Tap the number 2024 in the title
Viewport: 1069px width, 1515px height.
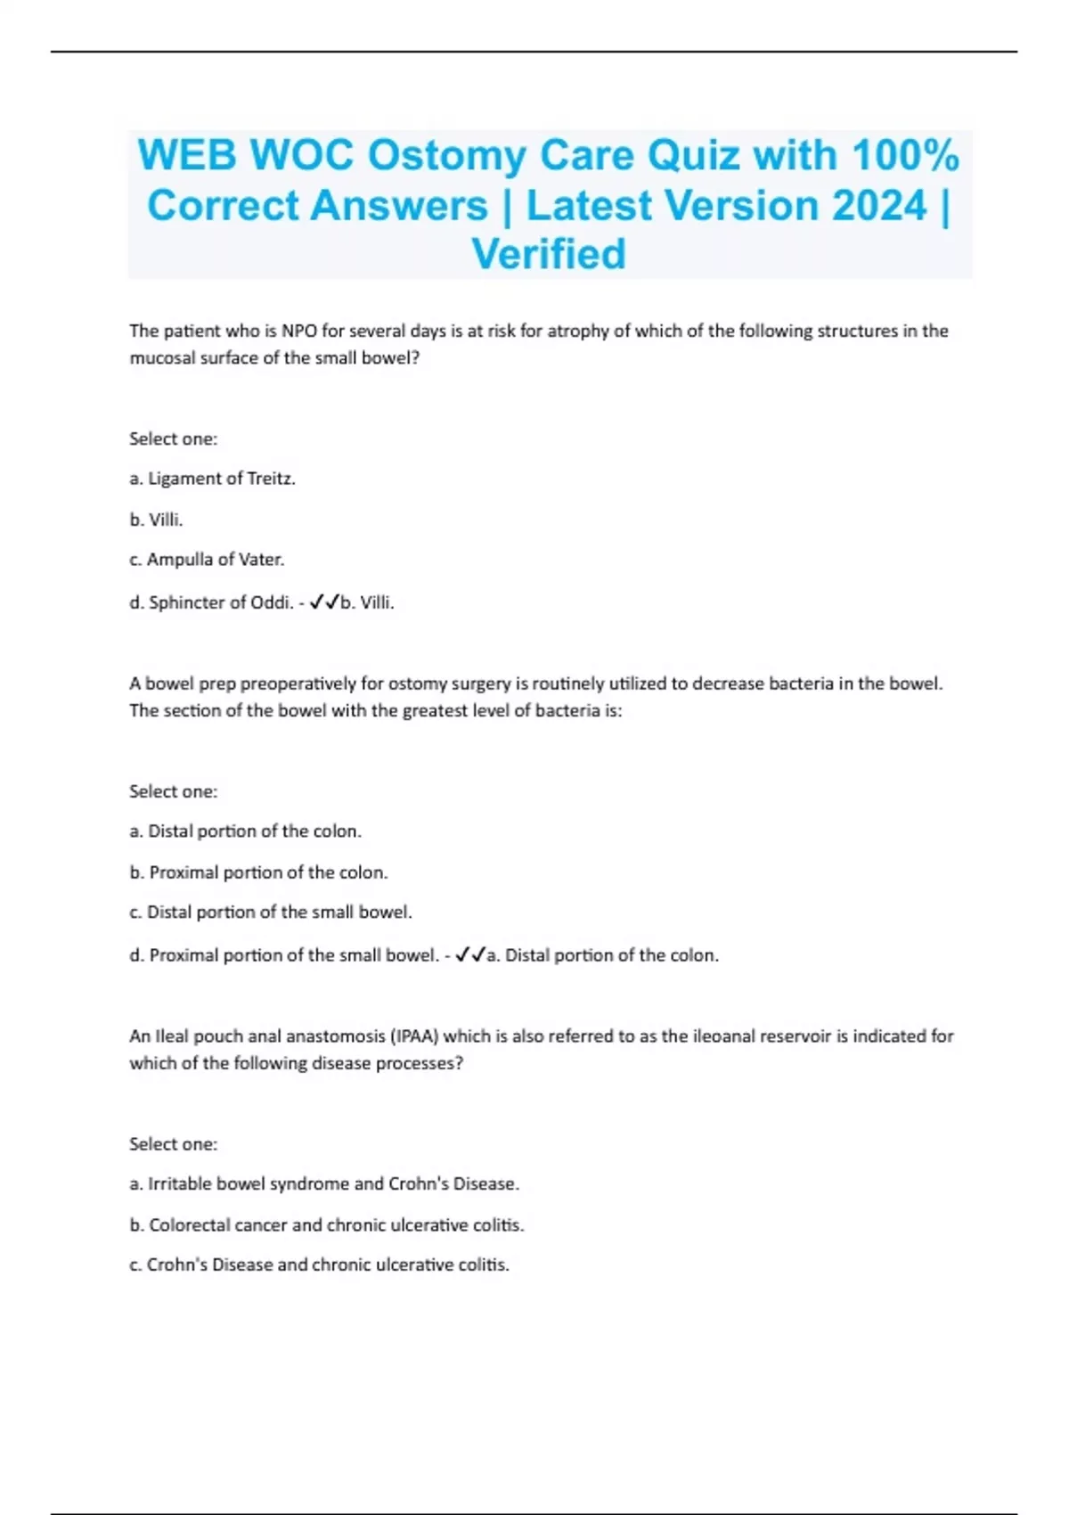880,206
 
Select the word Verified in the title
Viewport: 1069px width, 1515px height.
549,254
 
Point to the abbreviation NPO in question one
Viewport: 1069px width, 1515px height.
299,331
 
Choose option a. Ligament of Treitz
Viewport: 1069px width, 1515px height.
212,479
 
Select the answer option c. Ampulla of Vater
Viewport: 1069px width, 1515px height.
207,560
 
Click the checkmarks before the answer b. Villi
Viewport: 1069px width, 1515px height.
324,602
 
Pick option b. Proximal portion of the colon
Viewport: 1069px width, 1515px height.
258,872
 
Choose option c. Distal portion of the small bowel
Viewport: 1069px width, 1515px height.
271,913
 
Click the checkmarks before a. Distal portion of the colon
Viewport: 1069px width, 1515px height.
470,955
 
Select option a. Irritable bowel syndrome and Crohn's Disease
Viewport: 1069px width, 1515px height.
324,1184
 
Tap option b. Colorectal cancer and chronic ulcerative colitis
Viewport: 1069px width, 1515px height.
327,1225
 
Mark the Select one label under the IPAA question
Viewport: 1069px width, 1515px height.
173,1144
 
